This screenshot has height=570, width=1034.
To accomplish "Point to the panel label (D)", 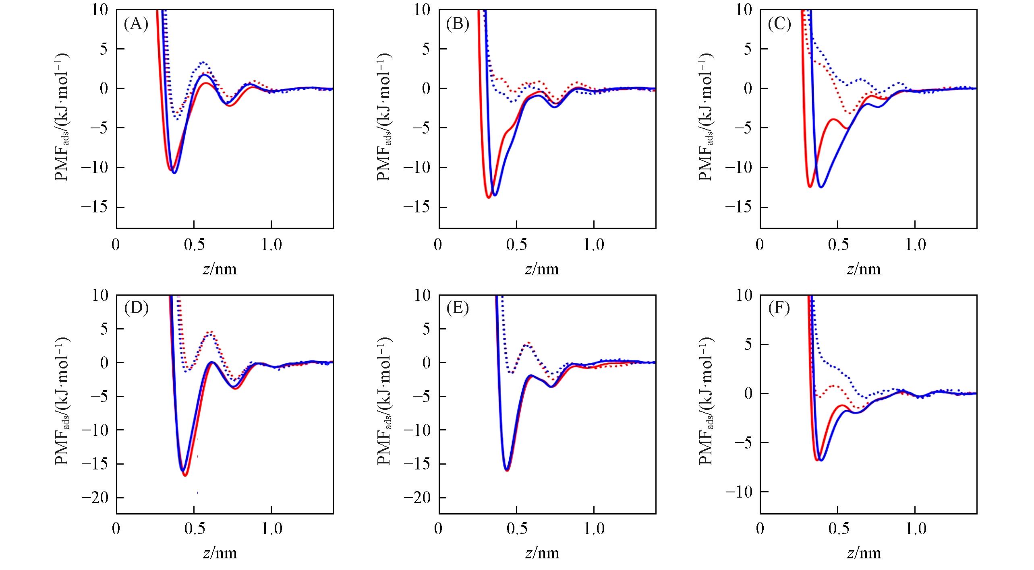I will tap(136, 308).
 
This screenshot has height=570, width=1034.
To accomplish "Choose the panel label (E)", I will tap(458, 308).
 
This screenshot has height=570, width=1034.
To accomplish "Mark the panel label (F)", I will tap(779, 308).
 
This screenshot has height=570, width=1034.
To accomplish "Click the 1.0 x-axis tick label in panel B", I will tap(594, 245).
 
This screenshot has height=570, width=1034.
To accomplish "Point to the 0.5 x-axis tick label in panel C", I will tap(838, 245).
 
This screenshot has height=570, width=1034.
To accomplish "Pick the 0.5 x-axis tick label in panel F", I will tap(839, 528).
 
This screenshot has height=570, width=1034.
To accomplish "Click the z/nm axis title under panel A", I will tap(220, 269).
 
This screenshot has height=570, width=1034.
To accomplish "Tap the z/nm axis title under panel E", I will tap(542, 553).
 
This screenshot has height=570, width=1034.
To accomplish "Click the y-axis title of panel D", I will tap(62, 401).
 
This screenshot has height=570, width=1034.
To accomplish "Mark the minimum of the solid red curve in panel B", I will tap(489, 198).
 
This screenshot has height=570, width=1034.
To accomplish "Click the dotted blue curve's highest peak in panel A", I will tap(204, 62).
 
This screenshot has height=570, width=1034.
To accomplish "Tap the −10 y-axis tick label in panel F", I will tap(740, 492).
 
